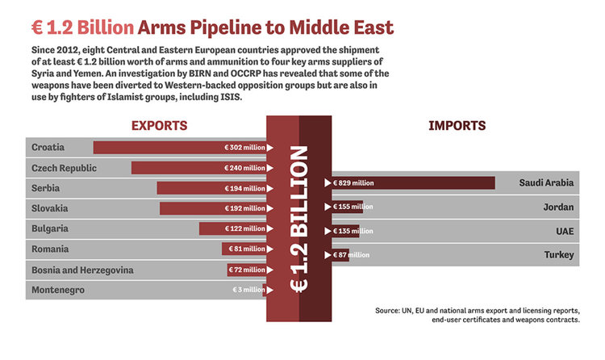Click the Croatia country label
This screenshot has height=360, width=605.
pyautogui.click(x=48, y=147)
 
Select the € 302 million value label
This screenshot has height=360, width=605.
pyautogui.click(x=244, y=148)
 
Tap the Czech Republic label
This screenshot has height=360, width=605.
pyautogui.click(x=64, y=168)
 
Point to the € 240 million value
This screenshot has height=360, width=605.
pyautogui.click(x=244, y=168)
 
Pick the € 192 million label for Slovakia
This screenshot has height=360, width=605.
pyautogui.click(x=244, y=208)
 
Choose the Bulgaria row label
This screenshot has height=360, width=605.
pyautogui.click(x=50, y=228)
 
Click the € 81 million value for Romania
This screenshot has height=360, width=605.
pyautogui.click(x=247, y=249)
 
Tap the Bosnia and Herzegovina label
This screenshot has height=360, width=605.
pyautogui.click(x=82, y=270)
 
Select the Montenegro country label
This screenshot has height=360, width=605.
pyautogui.click(x=57, y=290)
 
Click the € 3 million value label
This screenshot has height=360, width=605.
pyautogui.click(x=248, y=290)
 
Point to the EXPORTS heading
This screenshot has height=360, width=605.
pyautogui.click(x=159, y=126)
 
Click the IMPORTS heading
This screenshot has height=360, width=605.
pyautogui.click(x=457, y=126)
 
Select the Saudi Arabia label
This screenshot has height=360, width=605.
pyautogui.click(x=546, y=182)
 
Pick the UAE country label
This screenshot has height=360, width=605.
pyautogui.click(x=563, y=231)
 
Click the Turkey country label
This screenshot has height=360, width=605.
pyautogui.click(x=558, y=255)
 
